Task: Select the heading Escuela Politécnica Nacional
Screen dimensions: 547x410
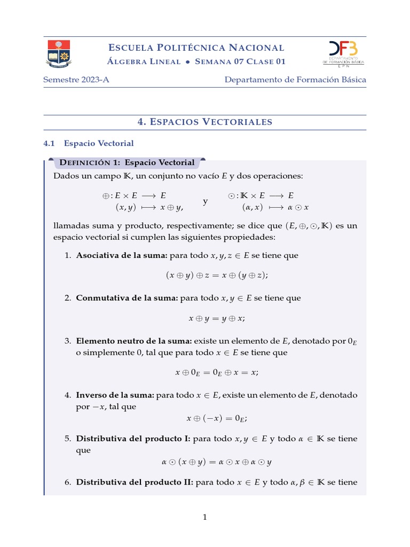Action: (x=196, y=48)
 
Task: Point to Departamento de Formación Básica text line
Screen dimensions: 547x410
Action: (x=295, y=80)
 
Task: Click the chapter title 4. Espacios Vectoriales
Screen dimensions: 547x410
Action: (x=205, y=122)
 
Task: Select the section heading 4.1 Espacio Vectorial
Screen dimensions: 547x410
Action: (x=89, y=143)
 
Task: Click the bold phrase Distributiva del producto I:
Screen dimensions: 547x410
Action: (x=133, y=439)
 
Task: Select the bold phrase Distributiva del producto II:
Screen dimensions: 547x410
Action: (x=135, y=482)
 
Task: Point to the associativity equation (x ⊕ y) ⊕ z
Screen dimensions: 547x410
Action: (x=216, y=276)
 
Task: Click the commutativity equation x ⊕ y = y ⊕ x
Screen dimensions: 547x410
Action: (x=216, y=318)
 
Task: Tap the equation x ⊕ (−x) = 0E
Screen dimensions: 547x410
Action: (x=216, y=418)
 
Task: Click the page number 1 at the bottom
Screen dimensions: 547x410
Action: (x=205, y=517)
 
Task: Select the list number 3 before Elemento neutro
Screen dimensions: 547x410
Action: (x=68, y=341)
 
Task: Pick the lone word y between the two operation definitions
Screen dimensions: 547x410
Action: (x=206, y=202)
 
